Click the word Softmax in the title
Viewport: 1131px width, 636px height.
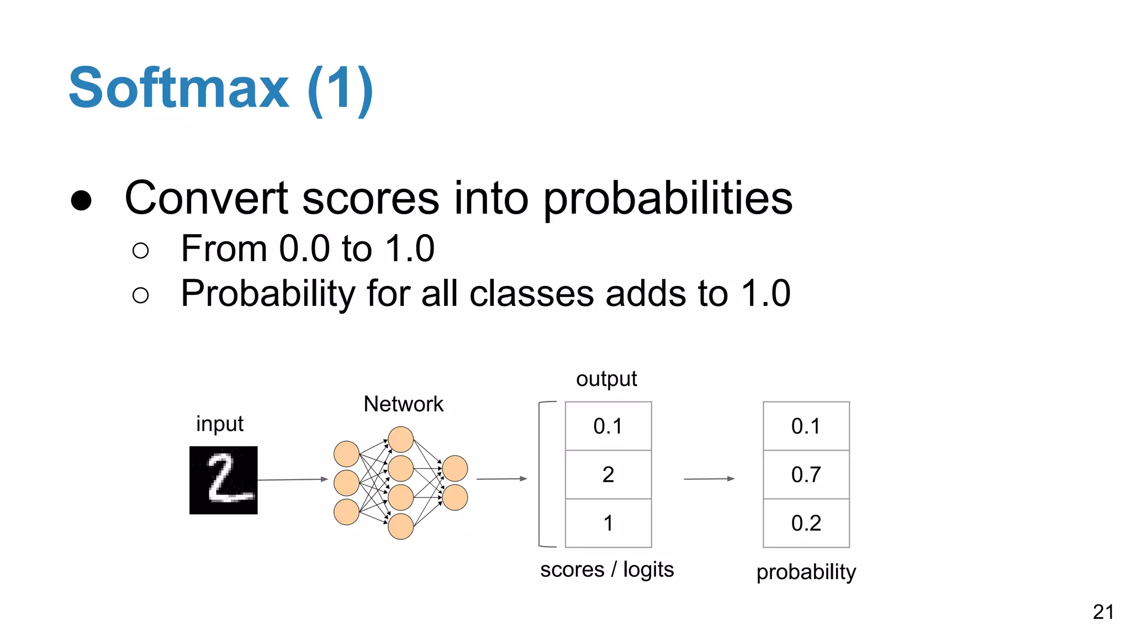coord(178,88)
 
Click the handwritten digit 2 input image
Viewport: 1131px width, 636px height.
coord(223,480)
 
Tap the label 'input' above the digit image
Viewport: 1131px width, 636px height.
coord(219,424)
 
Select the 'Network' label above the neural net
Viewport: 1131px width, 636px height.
coord(403,404)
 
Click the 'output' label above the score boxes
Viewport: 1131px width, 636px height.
coord(606,379)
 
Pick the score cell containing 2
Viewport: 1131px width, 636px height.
coord(608,474)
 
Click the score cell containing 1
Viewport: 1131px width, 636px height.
coord(608,523)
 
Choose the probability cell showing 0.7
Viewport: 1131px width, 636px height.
coord(806,474)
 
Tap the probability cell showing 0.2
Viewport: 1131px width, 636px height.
coord(806,523)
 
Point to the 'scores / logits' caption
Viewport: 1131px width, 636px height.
coord(606,569)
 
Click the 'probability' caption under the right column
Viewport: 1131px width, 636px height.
coord(806,571)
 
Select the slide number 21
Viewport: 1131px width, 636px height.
coord(1103,612)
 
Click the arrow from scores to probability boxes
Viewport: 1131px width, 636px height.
coord(709,479)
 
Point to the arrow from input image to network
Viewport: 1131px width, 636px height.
coord(293,479)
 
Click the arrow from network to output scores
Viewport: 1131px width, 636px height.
coord(501,479)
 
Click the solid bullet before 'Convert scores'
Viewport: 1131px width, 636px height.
coord(81,200)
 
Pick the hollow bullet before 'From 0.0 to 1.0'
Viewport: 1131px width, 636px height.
coord(141,251)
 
